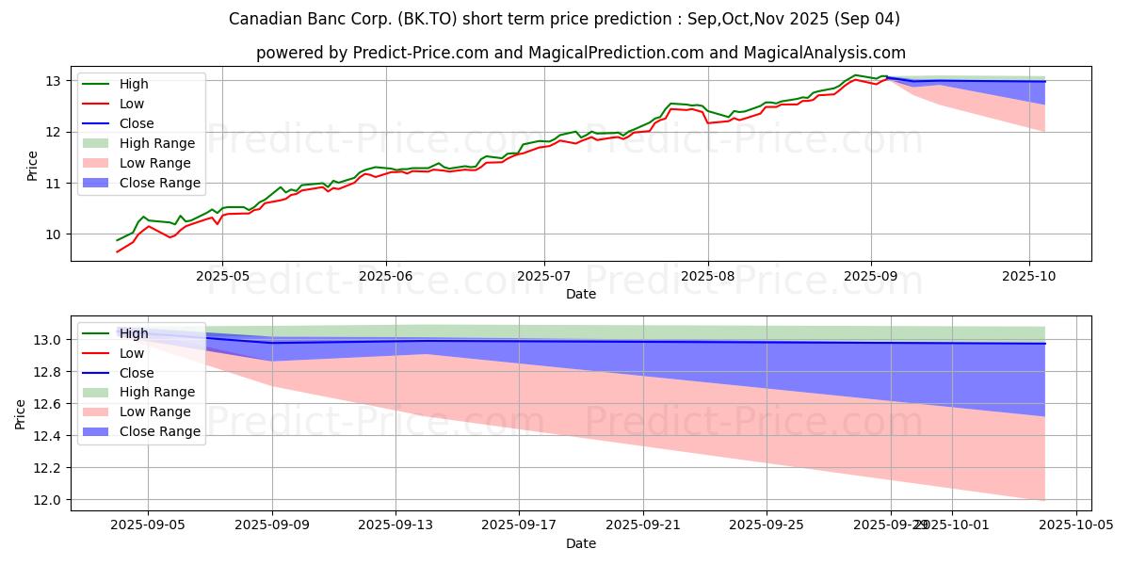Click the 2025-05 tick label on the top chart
click(222, 277)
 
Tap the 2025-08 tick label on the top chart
click(707, 277)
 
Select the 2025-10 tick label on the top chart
click(1029, 277)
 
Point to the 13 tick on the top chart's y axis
click(54, 81)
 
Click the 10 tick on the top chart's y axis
click(54, 234)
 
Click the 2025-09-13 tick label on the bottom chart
click(395, 525)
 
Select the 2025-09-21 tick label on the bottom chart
click(643, 525)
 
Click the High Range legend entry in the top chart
click(156, 143)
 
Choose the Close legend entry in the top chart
click(137, 123)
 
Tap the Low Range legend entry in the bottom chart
click(154, 412)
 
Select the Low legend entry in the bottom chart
click(132, 353)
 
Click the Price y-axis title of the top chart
click(32, 166)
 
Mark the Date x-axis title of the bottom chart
click(581, 543)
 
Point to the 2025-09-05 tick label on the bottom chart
click(148, 525)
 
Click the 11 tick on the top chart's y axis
click(54, 183)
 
